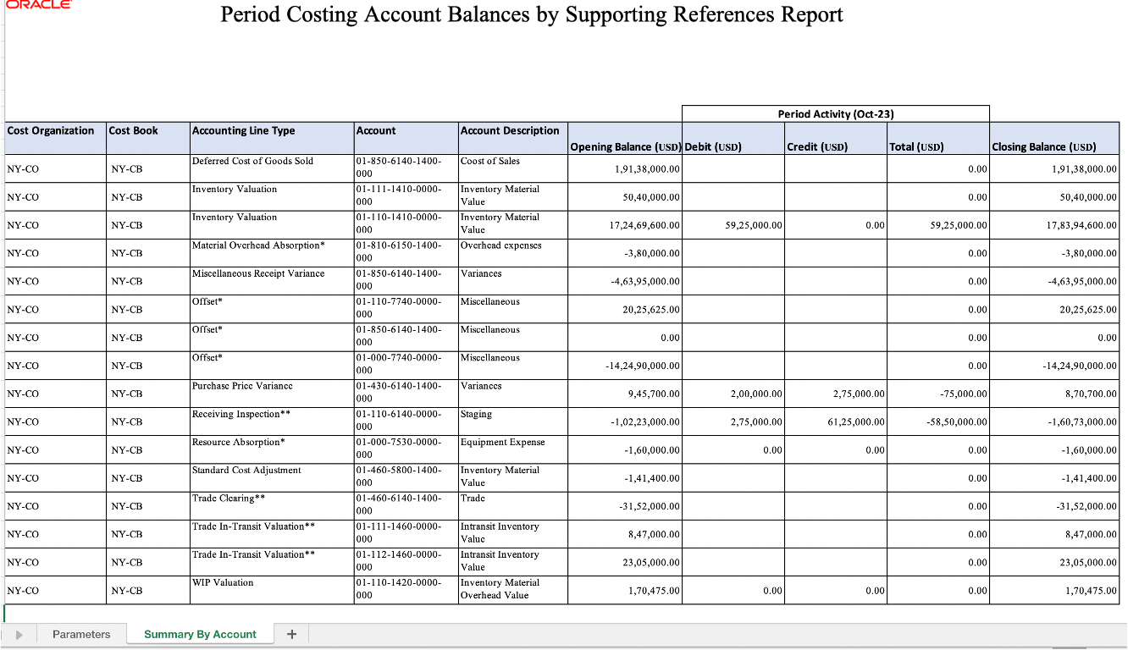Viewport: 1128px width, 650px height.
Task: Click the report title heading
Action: point(531,15)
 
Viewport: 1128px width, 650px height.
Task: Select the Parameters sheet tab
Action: point(81,634)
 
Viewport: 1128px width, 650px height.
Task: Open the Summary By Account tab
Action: point(200,634)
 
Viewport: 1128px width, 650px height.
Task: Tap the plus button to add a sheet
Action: point(291,634)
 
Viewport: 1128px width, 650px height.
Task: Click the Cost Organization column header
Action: point(51,130)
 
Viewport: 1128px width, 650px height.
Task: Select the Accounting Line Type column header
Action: point(244,130)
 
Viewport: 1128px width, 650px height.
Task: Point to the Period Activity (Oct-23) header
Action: point(835,113)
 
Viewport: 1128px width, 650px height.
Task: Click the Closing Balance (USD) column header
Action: point(1044,146)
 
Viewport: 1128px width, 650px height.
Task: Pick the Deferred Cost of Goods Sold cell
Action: point(252,161)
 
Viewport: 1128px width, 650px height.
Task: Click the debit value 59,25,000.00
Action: point(754,225)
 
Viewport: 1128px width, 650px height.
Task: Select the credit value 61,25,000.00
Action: point(857,421)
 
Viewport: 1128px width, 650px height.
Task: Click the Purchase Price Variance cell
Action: point(242,386)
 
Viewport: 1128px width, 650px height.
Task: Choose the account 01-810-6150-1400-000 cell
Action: point(398,251)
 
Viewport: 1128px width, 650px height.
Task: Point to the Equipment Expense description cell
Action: point(503,442)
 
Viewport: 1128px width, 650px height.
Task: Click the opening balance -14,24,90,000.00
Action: point(643,366)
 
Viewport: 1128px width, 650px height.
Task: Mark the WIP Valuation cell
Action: point(223,582)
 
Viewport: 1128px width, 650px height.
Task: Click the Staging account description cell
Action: point(477,414)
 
